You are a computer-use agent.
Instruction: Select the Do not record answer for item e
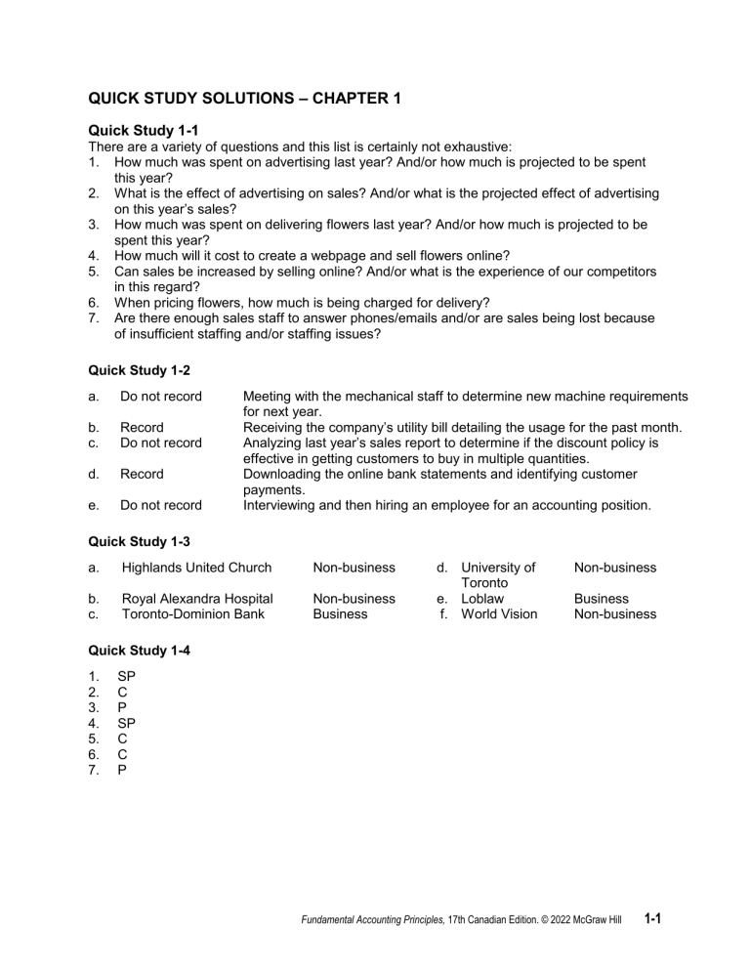[x=161, y=506]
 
